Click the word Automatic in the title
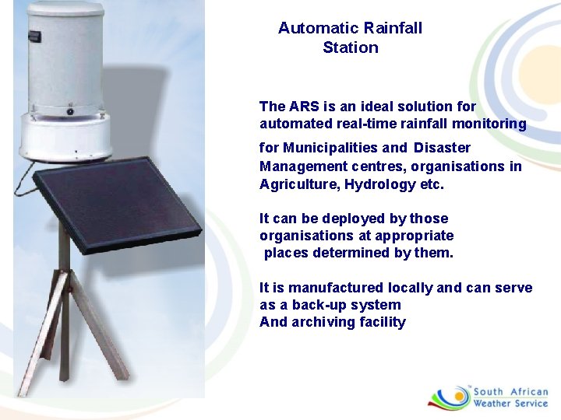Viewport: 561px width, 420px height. [x=313, y=28]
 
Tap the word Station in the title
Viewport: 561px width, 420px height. [x=351, y=47]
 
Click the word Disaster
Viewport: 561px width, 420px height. [x=442, y=148]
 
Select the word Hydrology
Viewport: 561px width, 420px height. [x=376, y=184]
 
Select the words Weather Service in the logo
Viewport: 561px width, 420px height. [x=510, y=403]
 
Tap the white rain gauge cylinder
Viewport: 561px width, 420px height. [x=65, y=62]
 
